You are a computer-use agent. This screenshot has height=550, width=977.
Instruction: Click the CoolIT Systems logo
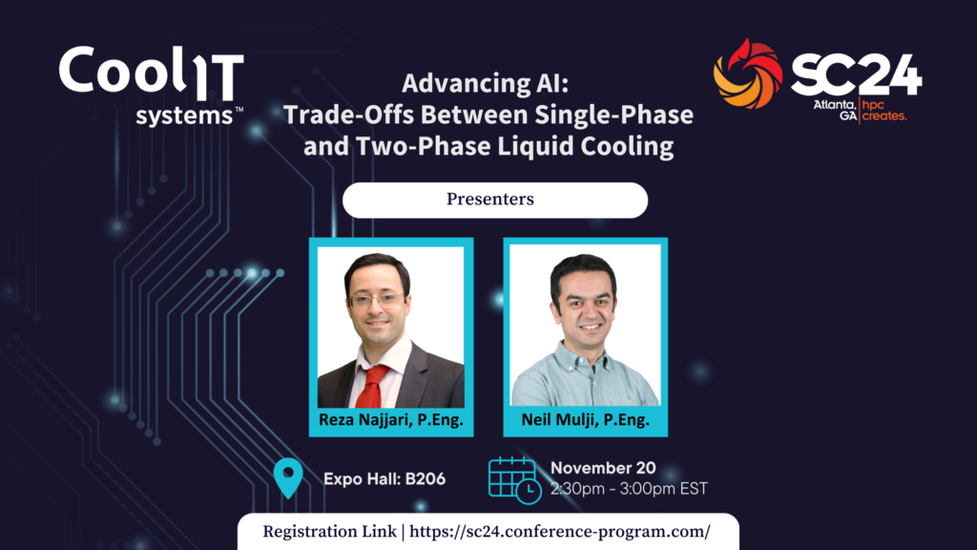tap(152, 85)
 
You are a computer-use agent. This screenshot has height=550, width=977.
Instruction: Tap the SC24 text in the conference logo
tap(856, 74)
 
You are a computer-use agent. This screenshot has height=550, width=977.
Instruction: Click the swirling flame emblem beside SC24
tap(748, 74)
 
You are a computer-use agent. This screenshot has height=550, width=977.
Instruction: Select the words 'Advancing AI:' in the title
tap(486, 84)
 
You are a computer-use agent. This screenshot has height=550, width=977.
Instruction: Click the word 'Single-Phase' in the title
tap(613, 115)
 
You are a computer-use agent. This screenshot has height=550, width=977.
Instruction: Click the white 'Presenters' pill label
tap(495, 200)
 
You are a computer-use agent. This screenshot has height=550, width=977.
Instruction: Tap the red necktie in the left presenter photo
tap(373, 386)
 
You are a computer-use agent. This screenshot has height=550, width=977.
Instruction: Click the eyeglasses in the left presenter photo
tap(376, 300)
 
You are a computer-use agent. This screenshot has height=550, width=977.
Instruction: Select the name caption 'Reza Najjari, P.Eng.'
tap(390, 420)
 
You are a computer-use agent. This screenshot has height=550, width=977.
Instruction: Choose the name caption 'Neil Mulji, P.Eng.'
tap(585, 420)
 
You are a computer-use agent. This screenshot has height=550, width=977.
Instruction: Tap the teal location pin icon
tap(288, 477)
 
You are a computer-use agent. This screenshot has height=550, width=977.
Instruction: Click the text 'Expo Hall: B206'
tap(385, 479)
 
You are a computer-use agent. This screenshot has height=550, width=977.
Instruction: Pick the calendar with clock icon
tap(514, 480)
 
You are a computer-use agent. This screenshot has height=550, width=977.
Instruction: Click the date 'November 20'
tap(603, 468)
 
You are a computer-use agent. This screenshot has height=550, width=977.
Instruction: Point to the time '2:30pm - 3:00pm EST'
tap(629, 488)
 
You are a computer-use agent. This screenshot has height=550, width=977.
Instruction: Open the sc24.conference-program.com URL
tap(559, 532)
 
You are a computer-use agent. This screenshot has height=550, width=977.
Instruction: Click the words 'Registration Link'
tap(329, 532)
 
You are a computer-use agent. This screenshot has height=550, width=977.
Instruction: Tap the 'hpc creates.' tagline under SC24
tap(884, 111)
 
